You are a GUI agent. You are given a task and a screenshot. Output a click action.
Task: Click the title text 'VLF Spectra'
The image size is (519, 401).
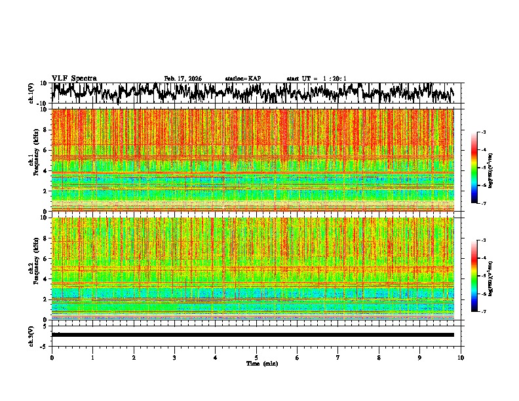pyautogui.click(x=74, y=79)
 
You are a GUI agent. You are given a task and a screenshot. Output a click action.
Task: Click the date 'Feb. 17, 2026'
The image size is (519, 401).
pyautogui.click(x=183, y=79)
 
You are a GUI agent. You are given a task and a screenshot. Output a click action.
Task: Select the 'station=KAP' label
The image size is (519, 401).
pyautogui.click(x=243, y=79)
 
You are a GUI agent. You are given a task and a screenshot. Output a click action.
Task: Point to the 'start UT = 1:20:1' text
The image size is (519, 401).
pyautogui.click(x=317, y=79)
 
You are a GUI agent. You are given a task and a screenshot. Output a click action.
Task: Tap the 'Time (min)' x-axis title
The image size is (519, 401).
pyautogui.click(x=261, y=364)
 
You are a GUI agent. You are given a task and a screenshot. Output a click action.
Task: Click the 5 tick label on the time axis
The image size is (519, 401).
pyautogui.click(x=256, y=358)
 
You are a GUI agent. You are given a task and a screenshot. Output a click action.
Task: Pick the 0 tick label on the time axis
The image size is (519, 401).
pyautogui.click(x=52, y=358)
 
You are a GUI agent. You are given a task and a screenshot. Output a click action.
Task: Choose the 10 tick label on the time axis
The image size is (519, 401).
pyautogui.click(x=461, y=358)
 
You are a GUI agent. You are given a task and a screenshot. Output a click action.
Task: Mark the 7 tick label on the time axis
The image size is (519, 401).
pyautogui.click(x=338, y=358)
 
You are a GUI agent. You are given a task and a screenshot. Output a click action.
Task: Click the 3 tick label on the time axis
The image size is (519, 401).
pyautogui.click(x=174, y=358)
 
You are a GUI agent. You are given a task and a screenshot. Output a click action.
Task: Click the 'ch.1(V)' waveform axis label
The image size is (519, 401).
pyautogui.click(x=31, y=93)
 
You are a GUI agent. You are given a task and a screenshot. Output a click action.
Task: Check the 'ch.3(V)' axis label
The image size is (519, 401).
pyautogui.click(x=31, y=334)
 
